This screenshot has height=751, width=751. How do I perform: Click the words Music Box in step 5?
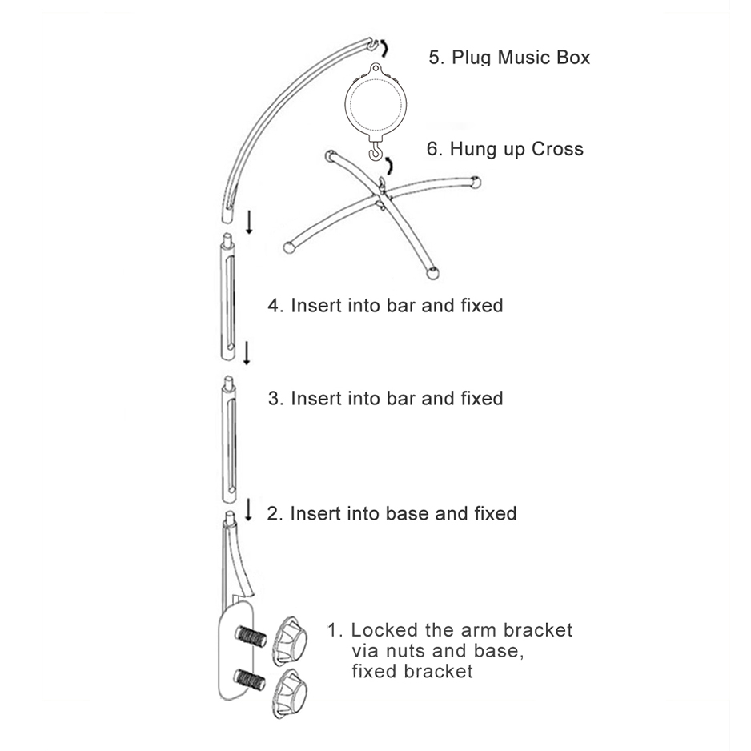click(x=544, y=58)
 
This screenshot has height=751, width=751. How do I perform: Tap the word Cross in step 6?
click(x=557, y=149)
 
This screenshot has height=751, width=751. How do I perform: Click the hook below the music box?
click(x=376, y=151)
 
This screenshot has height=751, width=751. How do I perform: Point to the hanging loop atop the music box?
click(x=375, y=69)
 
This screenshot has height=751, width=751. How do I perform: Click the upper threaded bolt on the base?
click(x=251, y=637)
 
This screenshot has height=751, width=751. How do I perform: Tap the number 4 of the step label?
click(x=274, y=306)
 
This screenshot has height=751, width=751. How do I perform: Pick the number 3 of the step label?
click(x=274, y=399)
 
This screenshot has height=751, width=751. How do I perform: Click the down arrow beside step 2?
click(x=248, y=509)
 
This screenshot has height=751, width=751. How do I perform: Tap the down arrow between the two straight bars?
click(x=247, y=353)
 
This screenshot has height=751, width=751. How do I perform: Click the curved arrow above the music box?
click(x=384, y=48)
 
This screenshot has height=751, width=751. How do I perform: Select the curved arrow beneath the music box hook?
click(x=389, y=165)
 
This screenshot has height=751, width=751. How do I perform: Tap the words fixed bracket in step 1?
click(x=412, y=672)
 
